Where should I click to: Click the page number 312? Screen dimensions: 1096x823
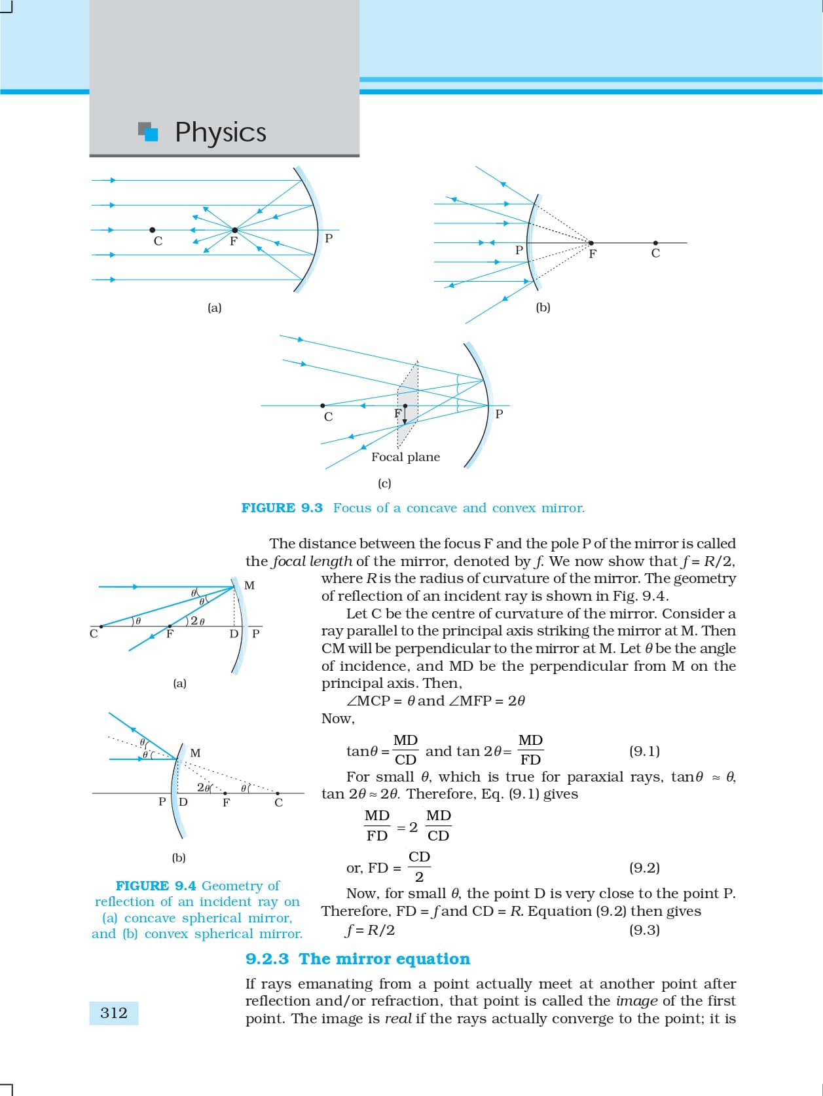coord(114,1013)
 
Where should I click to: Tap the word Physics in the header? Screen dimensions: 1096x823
coord(221,132)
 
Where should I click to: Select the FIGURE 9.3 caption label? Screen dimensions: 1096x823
coord(282,508)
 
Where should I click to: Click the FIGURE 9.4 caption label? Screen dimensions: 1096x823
coord(156,886)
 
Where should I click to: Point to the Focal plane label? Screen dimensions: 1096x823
coord(405,457)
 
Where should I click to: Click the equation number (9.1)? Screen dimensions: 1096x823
coord(644,751)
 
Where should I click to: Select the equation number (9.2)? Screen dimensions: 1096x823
coord(644,868)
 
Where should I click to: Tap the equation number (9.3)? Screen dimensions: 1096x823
coord(644,930)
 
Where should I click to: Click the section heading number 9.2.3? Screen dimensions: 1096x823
coord(267,959)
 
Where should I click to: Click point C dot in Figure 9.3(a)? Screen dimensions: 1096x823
coord(153,230)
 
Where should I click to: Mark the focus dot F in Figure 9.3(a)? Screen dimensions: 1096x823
coord(234,230)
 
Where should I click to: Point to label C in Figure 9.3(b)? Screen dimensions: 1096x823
coord(655,254)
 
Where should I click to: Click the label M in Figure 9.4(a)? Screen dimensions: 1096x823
coord(249,585)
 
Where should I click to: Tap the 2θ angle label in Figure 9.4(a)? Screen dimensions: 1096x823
coord(197,621)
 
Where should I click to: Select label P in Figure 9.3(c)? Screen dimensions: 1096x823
coord(499,414)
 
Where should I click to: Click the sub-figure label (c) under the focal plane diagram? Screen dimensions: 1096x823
coord(384,483)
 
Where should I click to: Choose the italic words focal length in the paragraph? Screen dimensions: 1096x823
coord(312,561)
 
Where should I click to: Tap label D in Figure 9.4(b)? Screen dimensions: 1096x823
coord(183,802)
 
